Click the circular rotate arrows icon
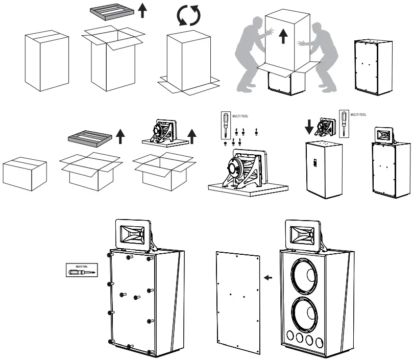point(188,16)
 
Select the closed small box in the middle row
point(25,173)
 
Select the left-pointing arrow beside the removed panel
point(268,278)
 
